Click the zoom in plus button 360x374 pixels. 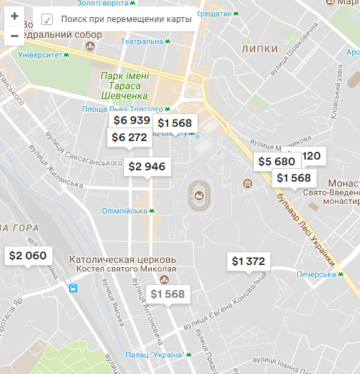(14, 16)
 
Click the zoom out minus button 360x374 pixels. (14, 35)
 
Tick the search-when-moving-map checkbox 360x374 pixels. (47, 19)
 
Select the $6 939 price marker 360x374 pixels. (131, 120)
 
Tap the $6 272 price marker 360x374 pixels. (129, 137)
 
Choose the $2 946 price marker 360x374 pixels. (147, 167)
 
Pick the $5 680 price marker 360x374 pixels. (276, 162)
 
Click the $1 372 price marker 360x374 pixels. (248, 261)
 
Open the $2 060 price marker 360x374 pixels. (27, 256)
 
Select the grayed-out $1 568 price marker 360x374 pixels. (168, 294)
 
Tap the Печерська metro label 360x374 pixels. (316, 274)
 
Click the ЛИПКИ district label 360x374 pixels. (259, 49)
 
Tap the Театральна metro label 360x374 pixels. (142, 41)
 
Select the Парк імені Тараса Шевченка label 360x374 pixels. (123, 85)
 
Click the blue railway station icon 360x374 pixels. (73, 288)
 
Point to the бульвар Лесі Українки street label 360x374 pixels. (307, 221)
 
